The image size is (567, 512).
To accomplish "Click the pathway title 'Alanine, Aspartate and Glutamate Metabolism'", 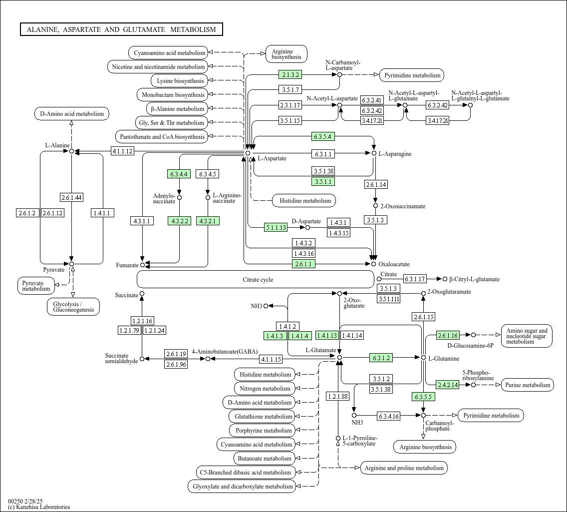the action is [x=121, y=29].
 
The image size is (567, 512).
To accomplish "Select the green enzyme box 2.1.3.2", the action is [x=290, y=74].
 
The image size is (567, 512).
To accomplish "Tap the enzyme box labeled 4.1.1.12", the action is [x=122, y=151].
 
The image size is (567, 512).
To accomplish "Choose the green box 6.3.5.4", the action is [x=323, y=136].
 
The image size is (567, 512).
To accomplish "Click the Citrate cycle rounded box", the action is [x=255, y=279].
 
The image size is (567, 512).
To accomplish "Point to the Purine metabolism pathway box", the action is [x=528, y=385].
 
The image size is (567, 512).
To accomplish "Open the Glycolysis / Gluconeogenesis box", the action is [x=73, y=307].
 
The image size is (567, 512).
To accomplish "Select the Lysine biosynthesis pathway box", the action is [x=180, y=81].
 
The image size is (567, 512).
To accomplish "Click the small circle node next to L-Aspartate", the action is [x=248, y=153].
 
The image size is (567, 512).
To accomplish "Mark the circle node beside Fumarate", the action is [x=142, y=265].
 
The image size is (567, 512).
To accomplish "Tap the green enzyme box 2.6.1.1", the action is [x=303, y=264].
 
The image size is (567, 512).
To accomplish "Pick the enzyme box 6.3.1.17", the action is [x=415, y=279].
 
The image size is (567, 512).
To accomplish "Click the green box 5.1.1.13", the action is [x=276, y=228].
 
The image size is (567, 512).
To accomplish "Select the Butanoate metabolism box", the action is [x=265, y=459].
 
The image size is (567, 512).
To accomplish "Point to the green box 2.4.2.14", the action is [x=448, y=385].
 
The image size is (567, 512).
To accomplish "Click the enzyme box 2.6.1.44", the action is [x=71, y=197].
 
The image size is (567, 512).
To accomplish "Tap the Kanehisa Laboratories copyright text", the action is [x=39, y=507].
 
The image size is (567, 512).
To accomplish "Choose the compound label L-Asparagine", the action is [x=395, y=154].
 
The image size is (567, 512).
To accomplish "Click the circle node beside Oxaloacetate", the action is [x=373, y=264].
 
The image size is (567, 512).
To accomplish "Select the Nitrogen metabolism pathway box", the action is [x=265, y=389].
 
